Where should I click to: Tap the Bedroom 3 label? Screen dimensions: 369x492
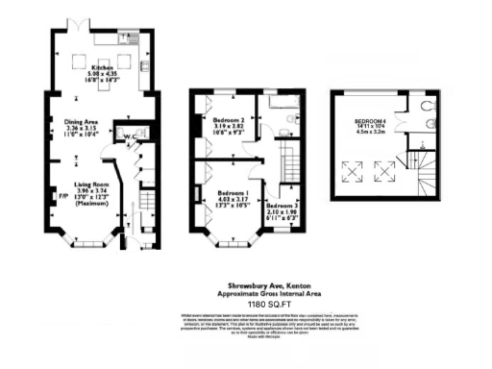point(282,206)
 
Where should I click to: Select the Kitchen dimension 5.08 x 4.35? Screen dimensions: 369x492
point(101,75)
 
